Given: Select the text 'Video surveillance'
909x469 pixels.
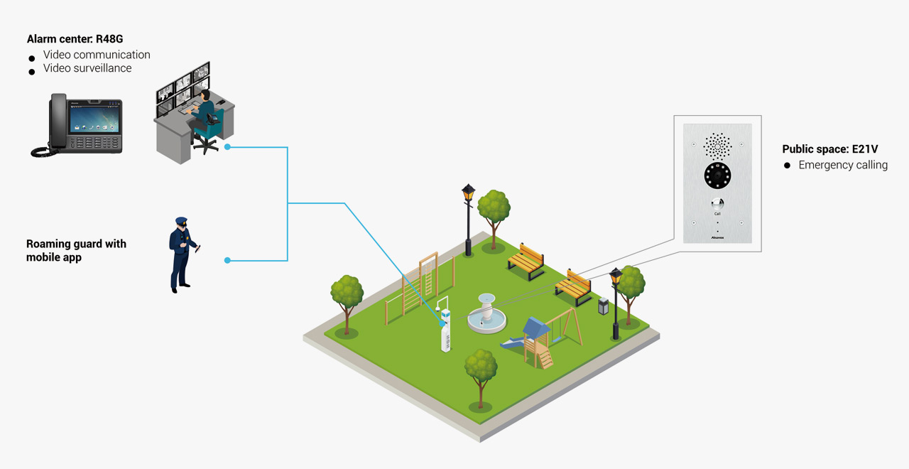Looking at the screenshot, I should pos(87,68).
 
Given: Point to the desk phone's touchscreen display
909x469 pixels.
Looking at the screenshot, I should pos(93,115).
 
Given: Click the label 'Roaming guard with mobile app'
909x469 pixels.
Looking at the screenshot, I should pos(76,250).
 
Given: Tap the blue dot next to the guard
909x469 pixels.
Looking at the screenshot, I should pos(227,261).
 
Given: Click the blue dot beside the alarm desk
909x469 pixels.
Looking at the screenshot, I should pos(227,147).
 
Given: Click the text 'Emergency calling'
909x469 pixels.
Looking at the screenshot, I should pos(843,165).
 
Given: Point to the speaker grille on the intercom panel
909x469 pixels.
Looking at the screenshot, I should pos(717,146).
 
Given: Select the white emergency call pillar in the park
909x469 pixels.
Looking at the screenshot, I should pos(446,330).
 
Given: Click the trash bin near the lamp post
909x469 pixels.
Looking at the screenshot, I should pos(604,306).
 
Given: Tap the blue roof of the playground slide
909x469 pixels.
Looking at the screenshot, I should pos(536,328).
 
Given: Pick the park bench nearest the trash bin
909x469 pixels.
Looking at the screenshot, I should pos(573,286).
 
